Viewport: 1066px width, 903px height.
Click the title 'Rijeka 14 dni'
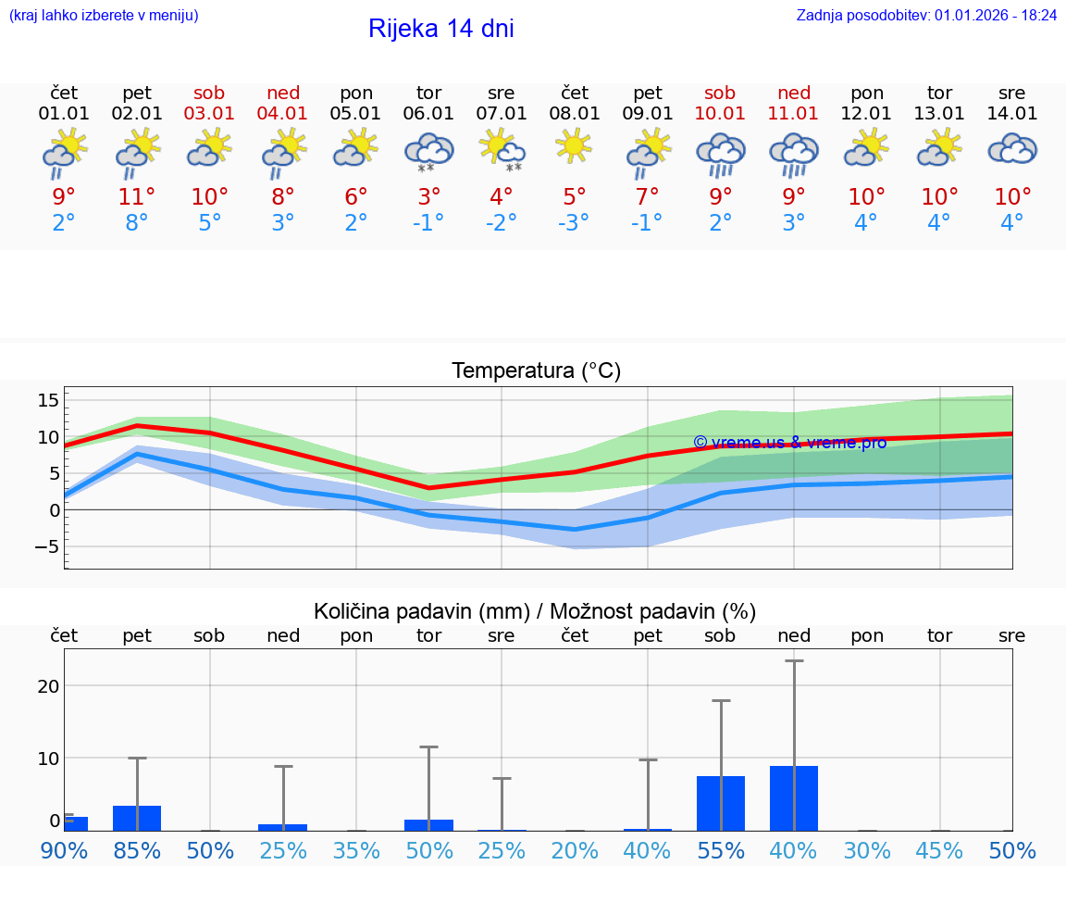tap(440, 29)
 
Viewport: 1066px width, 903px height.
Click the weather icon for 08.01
tap(575, 146)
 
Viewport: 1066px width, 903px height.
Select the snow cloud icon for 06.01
tap(428, 152)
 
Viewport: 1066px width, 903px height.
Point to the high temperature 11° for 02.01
tap(137, 196)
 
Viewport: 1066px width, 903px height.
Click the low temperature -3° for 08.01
tap(575, 223)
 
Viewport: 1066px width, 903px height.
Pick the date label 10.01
tap(720, 114)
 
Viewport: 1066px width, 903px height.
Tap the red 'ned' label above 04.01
tap(283, 93)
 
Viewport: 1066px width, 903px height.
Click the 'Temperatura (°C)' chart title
tap(536, 371)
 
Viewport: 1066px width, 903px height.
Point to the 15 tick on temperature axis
tap(48, 400)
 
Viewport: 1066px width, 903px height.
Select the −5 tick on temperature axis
tap(45, 546)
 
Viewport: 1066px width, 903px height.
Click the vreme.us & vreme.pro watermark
tap(789, 443)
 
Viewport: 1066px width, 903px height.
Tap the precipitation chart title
tap(534, 611)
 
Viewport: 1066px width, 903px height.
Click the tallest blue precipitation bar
tap(794, 797)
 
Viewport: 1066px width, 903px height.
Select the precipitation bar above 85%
tap(137, 818)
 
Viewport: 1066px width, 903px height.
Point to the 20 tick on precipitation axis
tap(48, 686)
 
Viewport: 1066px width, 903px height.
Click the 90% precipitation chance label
tap(63, 850)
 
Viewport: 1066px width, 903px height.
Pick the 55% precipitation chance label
tap(720, 850)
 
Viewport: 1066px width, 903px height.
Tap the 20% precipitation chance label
tap(575, 850)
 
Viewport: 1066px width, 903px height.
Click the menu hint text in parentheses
tap(104, 15)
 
